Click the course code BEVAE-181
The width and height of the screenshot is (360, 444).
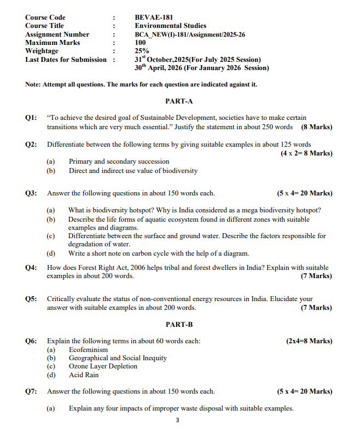[x=154, y=18]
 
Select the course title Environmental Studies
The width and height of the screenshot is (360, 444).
[x=170, y=26]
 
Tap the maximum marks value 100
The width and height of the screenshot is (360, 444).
[x=140, y=43]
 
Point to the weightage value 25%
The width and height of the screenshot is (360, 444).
[x=141, y=51]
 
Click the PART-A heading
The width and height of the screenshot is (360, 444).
[x=179, y=101]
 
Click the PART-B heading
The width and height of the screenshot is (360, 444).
[x=179, y=325]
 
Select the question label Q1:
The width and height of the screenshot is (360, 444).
[x=31, y=118]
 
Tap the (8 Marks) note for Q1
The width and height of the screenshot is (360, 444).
[x=316, y=127]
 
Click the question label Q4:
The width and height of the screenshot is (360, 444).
[x=31, y=268]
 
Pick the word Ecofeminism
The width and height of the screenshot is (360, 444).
[x=88, y=350]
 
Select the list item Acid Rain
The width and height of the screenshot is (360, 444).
[x=84, y=375]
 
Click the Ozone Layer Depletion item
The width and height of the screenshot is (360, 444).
[x=103, y=367]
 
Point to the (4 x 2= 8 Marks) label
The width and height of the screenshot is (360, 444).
[x=306, y=153]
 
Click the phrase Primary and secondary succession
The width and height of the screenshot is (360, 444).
[x=119, y=162]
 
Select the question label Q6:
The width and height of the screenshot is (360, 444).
[x=31, y=341]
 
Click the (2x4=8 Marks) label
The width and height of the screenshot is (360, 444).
[x=309, y=341]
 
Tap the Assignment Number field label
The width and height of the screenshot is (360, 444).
[x=57, y=34]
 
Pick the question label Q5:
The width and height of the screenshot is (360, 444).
[x=31, y=299]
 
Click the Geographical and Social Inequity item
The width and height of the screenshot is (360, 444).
[x=118, y=358]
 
